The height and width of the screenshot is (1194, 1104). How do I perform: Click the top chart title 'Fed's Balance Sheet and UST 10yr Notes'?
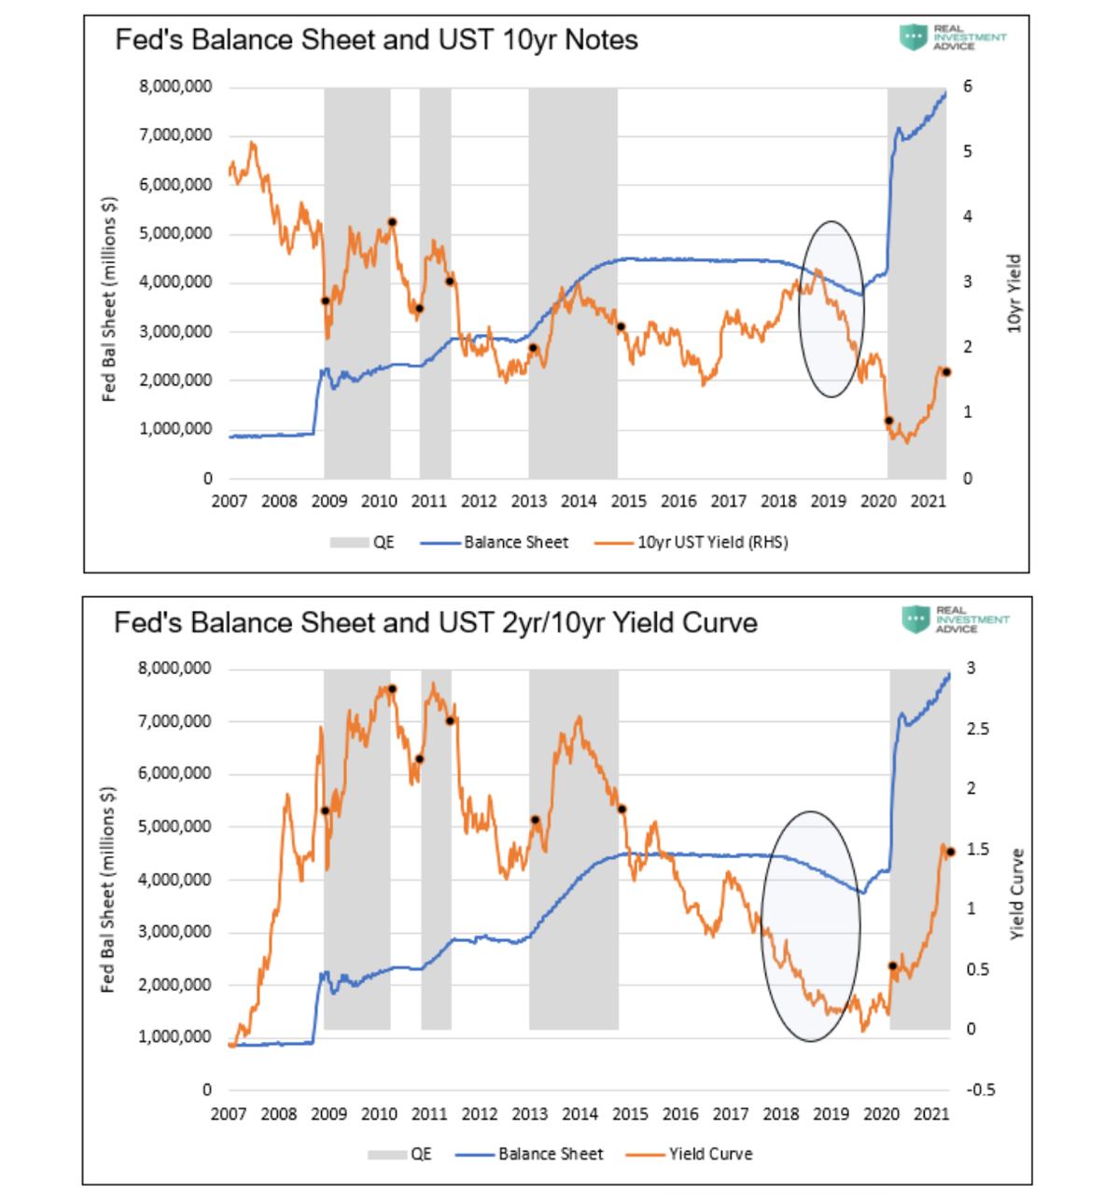tap(376, 40)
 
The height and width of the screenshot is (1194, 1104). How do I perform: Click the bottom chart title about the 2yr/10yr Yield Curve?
tap(435, 622)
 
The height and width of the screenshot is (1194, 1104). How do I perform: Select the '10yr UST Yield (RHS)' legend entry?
tap(712, 542)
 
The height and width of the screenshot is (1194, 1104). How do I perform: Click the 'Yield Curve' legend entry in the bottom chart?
tap(710, 1154)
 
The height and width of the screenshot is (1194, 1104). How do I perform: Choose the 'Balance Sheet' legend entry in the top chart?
tap(516, 542)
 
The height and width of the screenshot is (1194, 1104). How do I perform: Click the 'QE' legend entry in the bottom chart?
tap(421, 1154)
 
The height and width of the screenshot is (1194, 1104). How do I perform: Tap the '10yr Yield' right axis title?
tap(1015, 294)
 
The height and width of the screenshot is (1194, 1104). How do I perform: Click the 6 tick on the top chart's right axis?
tap(967, 87)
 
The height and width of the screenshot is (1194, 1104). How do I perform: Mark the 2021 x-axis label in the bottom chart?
tap(930, 1113)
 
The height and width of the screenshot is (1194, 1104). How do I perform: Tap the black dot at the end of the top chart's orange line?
tap(945, 372)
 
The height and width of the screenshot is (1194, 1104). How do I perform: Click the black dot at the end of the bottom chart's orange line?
tap(951, 852)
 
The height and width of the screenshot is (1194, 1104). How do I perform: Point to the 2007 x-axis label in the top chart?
tap(229, 501)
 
